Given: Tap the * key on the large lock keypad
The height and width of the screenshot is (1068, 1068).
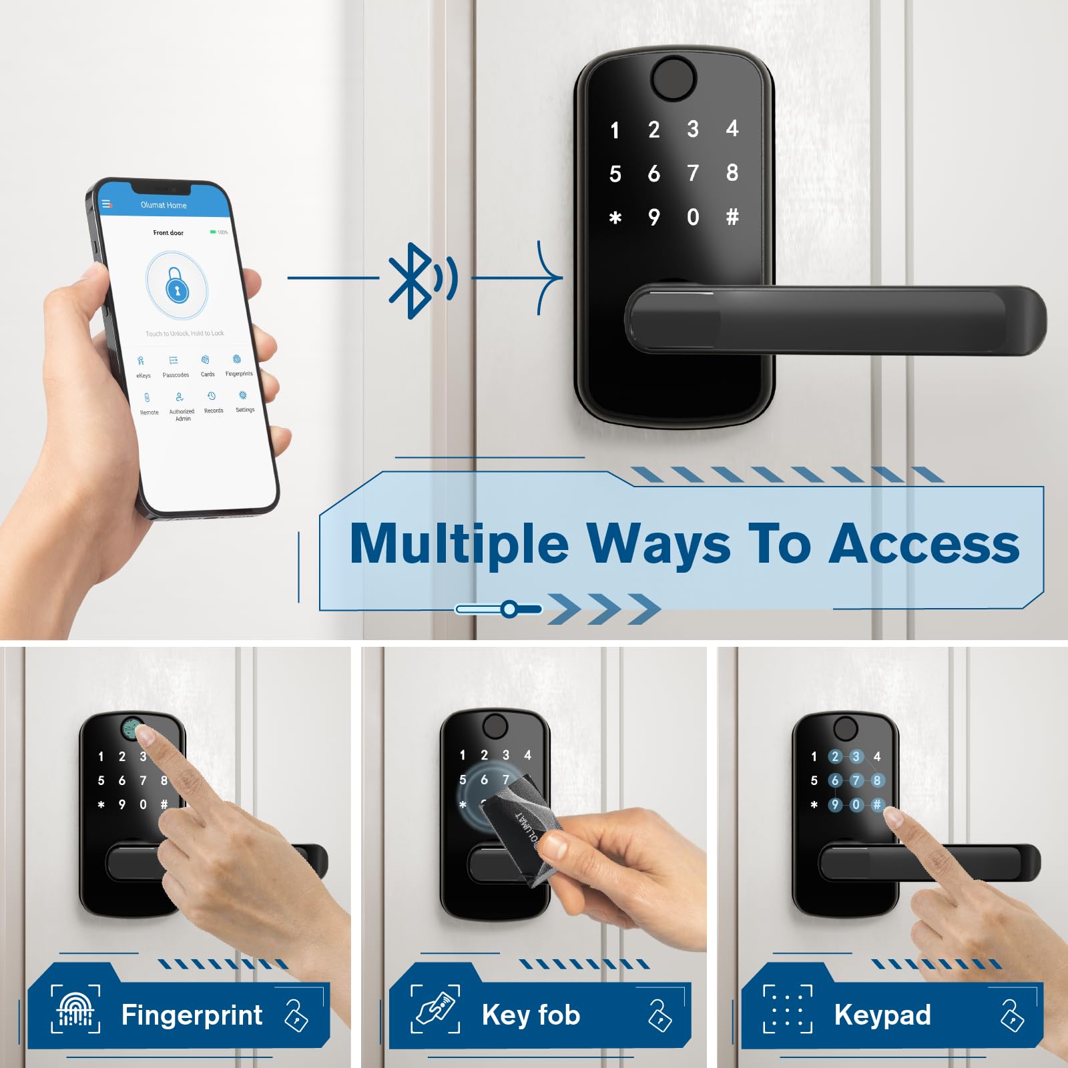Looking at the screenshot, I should pyautogui.click(x=615, y=218).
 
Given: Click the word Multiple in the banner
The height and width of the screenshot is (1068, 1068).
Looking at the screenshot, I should pyautogui.click(x=459, y=544).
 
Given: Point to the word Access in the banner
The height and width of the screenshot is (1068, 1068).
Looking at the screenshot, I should pyautogui.click(x=924, y=544).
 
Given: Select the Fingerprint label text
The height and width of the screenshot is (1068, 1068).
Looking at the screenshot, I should pyautogui.click(x=192, y=1015).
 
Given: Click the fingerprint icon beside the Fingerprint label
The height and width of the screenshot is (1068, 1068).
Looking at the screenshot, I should pyautogui.click(x=76, y=1009).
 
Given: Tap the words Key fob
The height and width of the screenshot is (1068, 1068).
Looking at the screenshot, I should pyautogui.click(x=531, y=1015).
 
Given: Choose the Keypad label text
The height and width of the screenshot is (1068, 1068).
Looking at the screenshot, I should pyautogui.click(x=882, y=1015).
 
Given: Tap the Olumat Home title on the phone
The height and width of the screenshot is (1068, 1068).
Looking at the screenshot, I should pyautogui.click(x=164, y=205).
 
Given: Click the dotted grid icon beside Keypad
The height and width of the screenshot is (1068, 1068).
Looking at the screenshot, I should pyautogui.click(x=788, y=1009).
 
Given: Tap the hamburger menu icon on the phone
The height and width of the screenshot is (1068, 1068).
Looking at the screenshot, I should pyautogui.click(x=106, y=204).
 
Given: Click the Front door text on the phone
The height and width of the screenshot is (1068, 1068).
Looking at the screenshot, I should pyautogui.click(x=168, y=233).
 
